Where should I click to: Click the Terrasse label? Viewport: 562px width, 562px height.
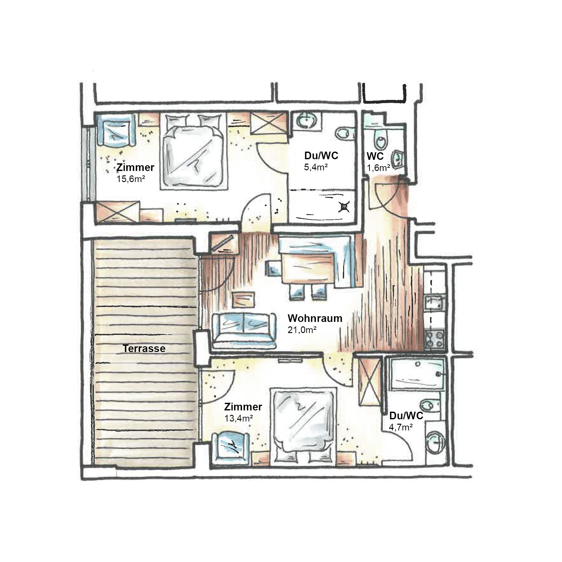[x=144, y=349]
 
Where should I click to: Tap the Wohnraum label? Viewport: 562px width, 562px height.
[x=315, y=318]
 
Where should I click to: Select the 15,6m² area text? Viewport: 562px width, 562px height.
[x=131, y=179]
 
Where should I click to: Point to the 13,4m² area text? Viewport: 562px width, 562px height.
[x=239, y=418]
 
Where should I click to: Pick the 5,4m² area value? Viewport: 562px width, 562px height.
[x=316, y=167]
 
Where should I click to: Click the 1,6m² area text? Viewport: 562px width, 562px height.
[x=378, y=167]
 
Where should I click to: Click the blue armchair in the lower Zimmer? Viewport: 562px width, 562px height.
[x=230, y=446]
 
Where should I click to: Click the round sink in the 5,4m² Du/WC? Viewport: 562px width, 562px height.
[x=306, y=121]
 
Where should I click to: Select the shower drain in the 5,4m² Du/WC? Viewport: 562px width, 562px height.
[x=344, y=206]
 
